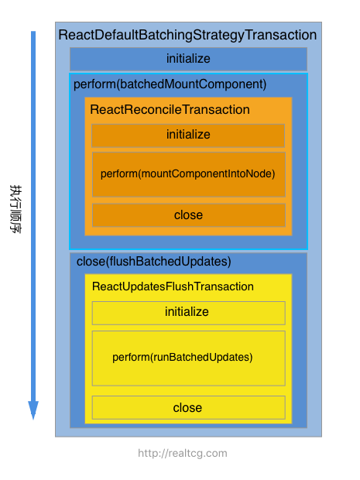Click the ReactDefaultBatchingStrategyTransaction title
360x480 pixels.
(x=187, y=35)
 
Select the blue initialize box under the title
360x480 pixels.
(x=188, y=59)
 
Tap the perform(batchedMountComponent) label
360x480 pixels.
(x=170, y=84)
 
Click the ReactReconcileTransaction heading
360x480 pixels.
(x=170, y=110)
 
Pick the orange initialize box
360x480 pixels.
(x=188, y=135)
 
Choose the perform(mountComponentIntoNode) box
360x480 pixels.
(x=189, y=174)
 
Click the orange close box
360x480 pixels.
(x=189, y=215)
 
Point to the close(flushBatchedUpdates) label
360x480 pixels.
(x=153, y=262)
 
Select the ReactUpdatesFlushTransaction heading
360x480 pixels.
(x=173, y=286)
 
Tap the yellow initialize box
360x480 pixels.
(x=189, y=313)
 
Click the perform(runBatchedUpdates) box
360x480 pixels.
(x=189, y=358)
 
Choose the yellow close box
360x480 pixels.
(x=189, y=407)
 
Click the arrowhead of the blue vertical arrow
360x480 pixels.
(x=33, y=410)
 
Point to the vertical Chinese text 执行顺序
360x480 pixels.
(x=15, y=209)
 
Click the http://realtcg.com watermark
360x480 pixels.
(x=183, y=453)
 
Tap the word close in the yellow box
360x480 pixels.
(x=187, y=408)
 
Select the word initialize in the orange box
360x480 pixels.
(x=188, y=135)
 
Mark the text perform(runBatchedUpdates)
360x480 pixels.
(x=183, y=357)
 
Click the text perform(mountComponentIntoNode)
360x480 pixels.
(x=187, y=174)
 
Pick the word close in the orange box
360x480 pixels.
(x=188, y=215)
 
